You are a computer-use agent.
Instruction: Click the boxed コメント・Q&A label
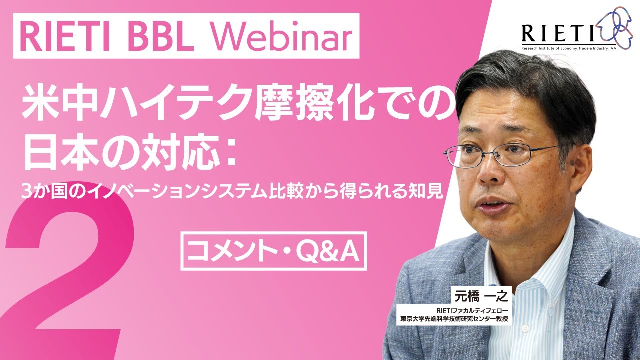pyautogui.click(x=273, y=251)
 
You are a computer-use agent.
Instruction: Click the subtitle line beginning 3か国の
pyautogui.click(x=232, y=190)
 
